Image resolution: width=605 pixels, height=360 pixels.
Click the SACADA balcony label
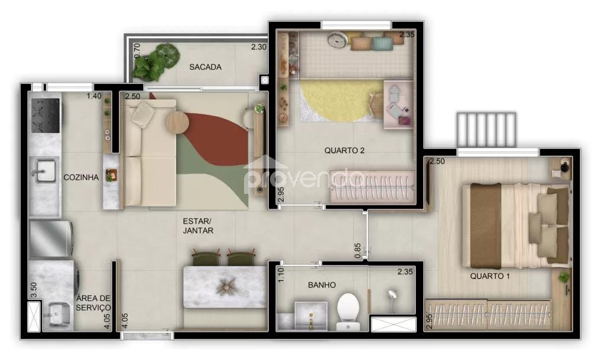[205, 67]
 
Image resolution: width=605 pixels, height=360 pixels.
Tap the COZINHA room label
[80, 177]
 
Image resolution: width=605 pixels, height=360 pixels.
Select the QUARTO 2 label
[344, 151]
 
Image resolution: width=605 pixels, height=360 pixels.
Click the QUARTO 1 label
[490, 276]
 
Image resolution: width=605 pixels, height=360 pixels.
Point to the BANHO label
[321, 286]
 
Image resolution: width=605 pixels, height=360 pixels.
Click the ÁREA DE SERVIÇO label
[93, 303]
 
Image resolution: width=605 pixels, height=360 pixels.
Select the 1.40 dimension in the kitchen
[94, 96]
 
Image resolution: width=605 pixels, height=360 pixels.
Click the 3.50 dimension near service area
[34, 290]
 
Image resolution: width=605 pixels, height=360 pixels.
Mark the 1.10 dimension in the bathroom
[281, 275]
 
